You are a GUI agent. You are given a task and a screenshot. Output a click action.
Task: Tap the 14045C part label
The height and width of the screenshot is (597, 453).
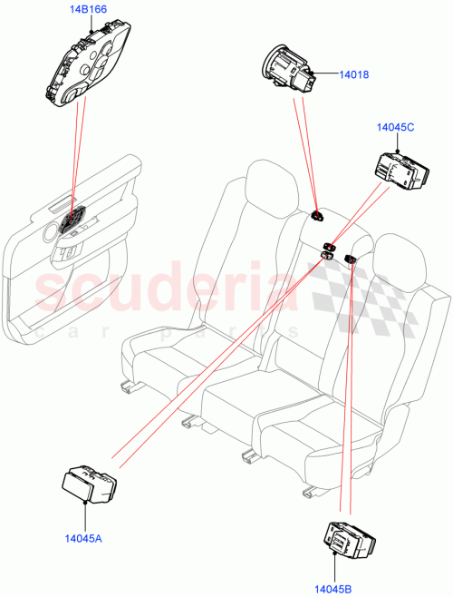(396, 129)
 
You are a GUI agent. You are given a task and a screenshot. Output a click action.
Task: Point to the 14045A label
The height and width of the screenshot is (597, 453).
(83, 538)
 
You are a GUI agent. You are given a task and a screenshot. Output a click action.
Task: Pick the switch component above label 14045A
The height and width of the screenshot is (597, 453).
(89, 484)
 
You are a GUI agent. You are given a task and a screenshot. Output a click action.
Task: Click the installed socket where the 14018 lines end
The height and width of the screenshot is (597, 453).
(318, 216)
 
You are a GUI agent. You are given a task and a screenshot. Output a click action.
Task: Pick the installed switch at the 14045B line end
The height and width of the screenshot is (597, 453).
(350, 261)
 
